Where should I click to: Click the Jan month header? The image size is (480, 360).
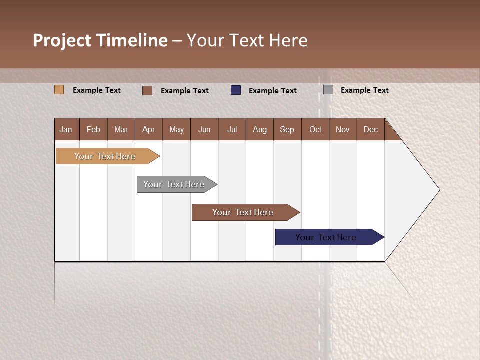pos(66,129)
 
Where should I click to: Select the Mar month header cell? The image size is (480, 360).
pos(121,129)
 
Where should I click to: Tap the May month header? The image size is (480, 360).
pos(176,129)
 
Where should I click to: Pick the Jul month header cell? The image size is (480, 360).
pos(232,129)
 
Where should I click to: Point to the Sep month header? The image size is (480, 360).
pos(287,129)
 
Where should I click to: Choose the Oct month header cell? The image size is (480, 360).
pos(315,129)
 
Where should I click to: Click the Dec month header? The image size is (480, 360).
pos(370,129)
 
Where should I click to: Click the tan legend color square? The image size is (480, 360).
pos(59,90)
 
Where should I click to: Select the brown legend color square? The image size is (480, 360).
pos(147,90)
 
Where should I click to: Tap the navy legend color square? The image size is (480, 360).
pos(236,90)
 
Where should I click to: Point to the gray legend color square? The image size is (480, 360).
pos(328,90)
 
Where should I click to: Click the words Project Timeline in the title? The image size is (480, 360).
pos(100,40)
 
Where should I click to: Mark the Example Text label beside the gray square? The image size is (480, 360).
pos(364,90)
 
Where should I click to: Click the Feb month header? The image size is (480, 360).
pos(93,129)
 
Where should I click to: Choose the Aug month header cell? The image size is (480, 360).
pos(259,129)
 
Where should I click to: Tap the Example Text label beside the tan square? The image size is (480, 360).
pos(97,90)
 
